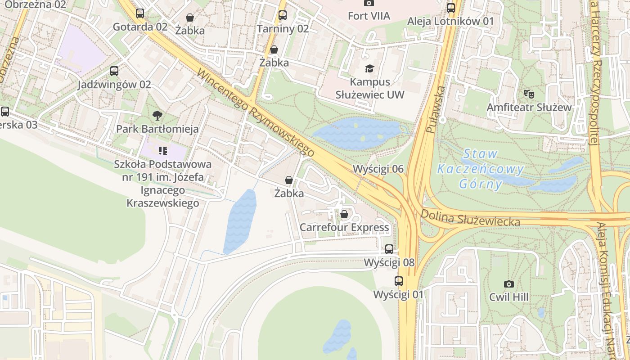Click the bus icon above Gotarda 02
coord(140,13)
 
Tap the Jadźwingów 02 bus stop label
coord(114,85)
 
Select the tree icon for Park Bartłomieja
coord(157,116)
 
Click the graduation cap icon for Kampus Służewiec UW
coord(369,68)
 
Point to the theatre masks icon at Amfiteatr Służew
coord(529,94)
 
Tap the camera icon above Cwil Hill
coord(509,284)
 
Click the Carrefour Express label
coord(344,227)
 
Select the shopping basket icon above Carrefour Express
coord(344,214)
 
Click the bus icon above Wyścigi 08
coord(389,249)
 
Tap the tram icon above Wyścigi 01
coord(399,281)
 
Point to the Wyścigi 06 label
coord(378,169)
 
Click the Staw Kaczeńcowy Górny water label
coord(480,169)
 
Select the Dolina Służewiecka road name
coord(470,217)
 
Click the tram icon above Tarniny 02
coord(283,15)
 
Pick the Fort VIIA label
coord(369,16)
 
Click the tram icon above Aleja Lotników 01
coord(450,8)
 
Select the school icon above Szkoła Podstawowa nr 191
coord(163,150)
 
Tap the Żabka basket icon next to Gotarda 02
coord(190,18)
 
